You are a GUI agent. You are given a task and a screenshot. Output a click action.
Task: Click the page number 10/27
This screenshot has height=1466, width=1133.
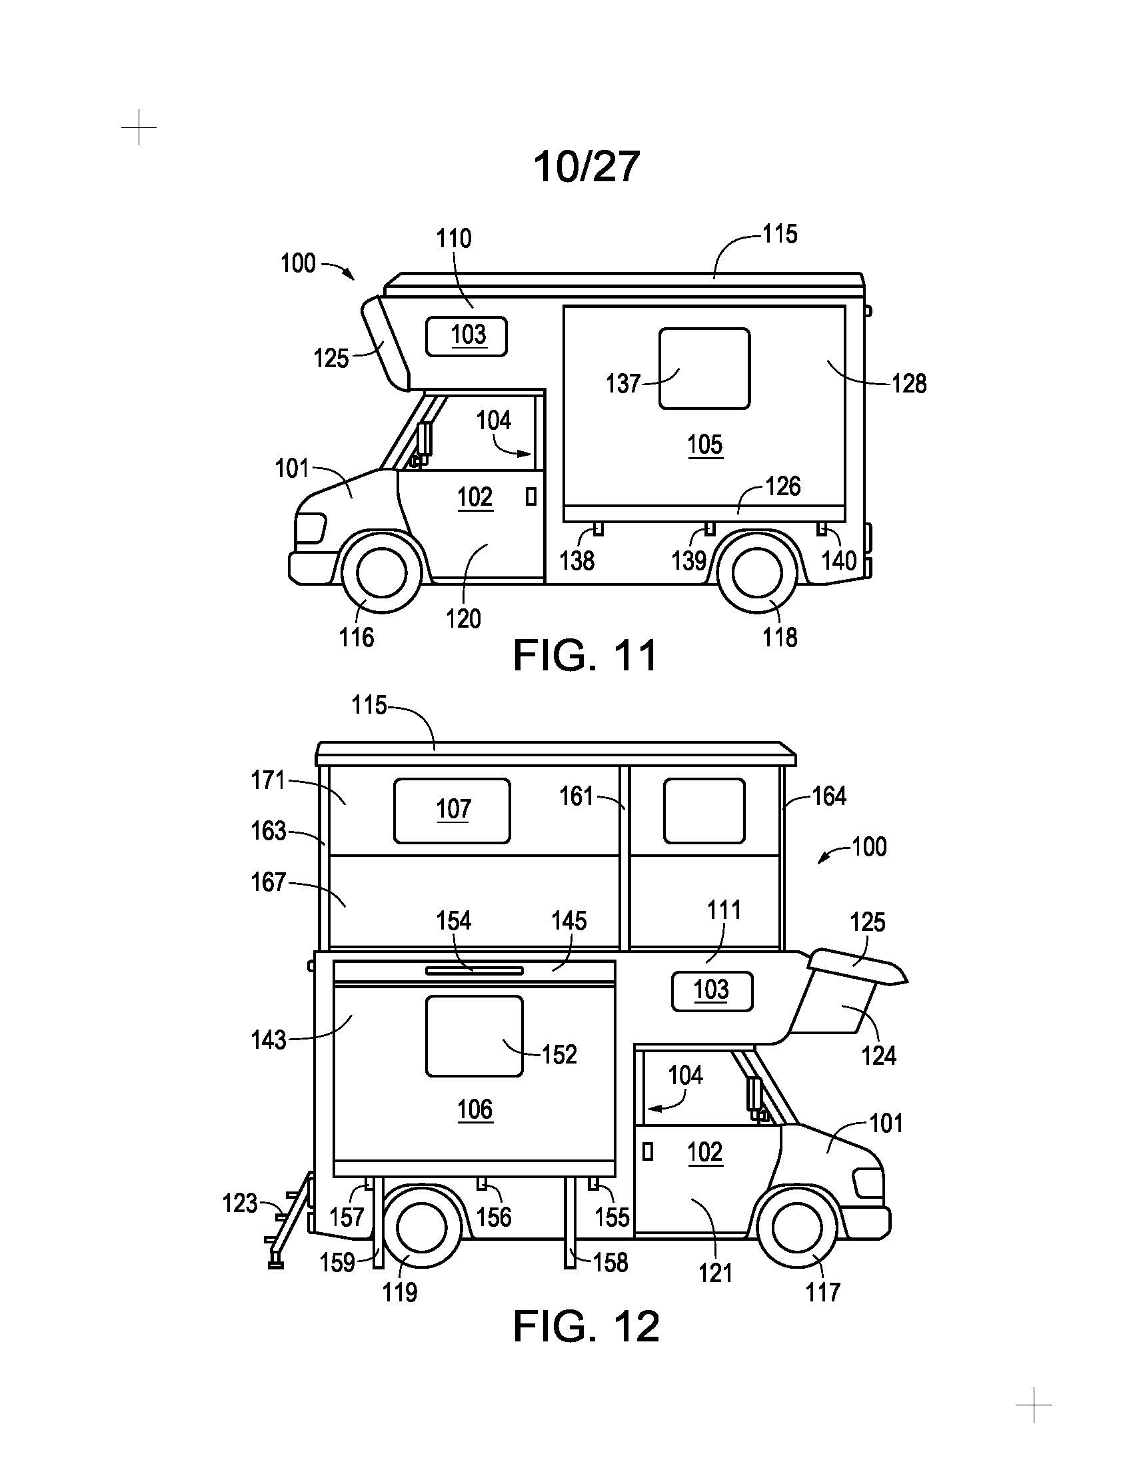586,167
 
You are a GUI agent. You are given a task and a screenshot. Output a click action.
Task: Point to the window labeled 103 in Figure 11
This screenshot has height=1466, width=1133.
467,336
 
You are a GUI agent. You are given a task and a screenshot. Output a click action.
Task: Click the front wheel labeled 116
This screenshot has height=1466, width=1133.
382,572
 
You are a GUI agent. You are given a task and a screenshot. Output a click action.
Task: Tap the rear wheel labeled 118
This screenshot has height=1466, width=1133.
758,572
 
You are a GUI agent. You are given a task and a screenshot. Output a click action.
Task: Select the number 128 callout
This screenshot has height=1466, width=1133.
909,383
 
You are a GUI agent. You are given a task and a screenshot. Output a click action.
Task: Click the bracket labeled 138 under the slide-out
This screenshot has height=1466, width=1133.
597,529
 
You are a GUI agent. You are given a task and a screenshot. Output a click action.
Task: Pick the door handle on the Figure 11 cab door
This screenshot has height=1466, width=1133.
531,496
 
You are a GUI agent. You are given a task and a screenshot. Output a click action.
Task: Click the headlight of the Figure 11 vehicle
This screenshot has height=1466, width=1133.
310,528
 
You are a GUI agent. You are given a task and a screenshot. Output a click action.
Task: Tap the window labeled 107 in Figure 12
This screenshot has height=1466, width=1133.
452,811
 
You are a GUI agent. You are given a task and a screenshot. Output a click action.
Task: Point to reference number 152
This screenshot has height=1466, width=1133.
559,1055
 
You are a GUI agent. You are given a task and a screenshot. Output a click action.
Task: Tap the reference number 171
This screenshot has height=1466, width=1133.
269,780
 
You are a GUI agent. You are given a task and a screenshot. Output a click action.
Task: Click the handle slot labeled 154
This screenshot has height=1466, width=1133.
474,971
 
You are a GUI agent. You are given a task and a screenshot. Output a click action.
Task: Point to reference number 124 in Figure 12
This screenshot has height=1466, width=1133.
878,1056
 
